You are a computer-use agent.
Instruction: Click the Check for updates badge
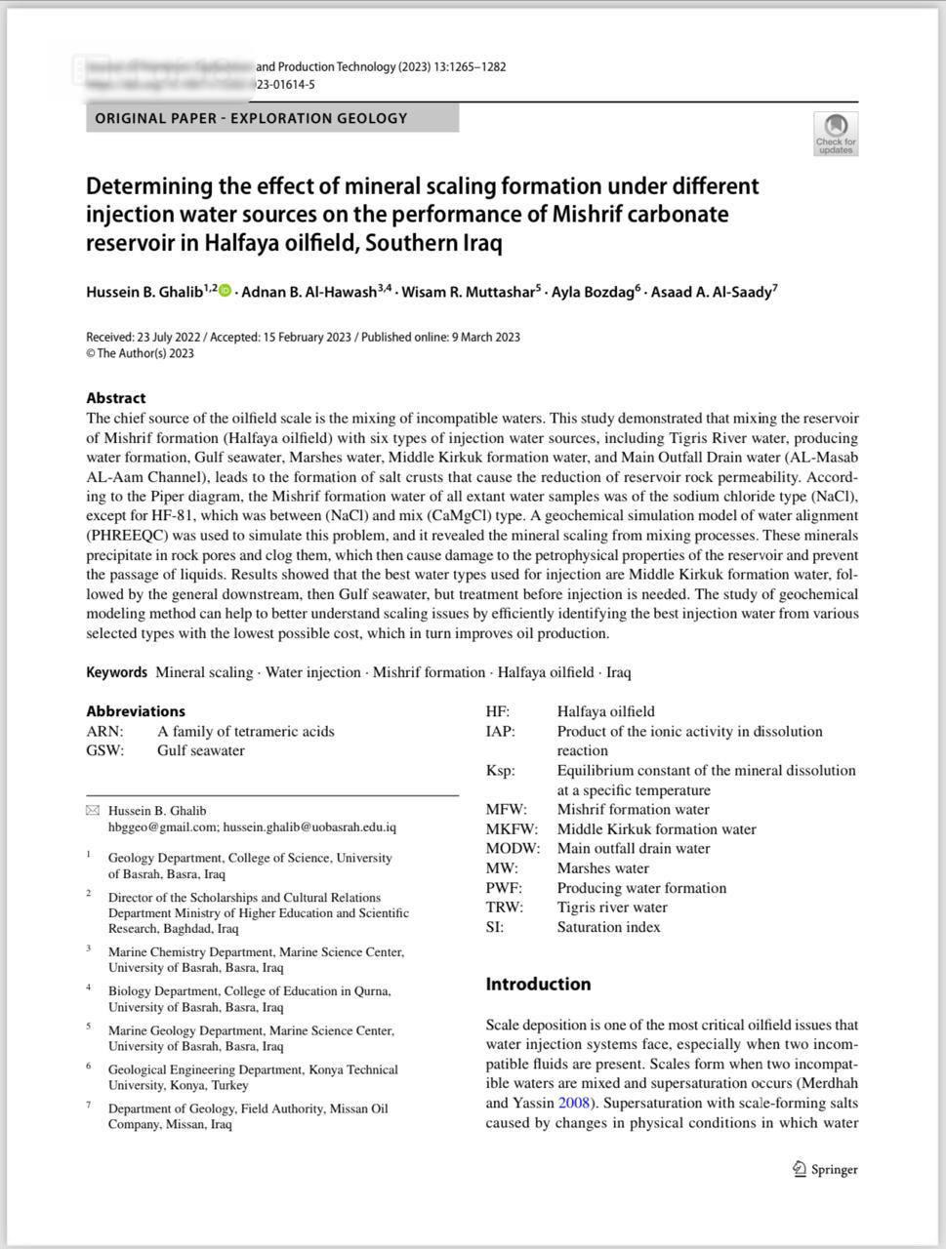[836, 134]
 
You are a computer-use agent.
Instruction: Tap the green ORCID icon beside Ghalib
[226, 291]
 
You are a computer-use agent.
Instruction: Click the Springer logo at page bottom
[825, 1169]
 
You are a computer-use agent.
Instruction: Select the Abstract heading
[115, 397]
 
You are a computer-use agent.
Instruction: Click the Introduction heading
[538, 984]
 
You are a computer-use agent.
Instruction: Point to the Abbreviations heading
[135, 711]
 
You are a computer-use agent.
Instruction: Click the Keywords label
[116, 672]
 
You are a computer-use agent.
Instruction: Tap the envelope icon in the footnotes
[93, 811]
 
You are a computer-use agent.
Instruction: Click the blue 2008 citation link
[574, 1103]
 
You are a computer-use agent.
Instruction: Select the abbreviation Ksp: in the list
[500, 770]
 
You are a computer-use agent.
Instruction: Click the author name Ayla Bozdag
[593, 292]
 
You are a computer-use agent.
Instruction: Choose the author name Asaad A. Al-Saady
[711, 292]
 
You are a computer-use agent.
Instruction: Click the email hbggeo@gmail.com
[162, 826]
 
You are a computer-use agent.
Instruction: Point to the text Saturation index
[608, 926]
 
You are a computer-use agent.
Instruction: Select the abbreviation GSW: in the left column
[105, 750]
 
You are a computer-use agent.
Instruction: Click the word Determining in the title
[149, 185]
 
